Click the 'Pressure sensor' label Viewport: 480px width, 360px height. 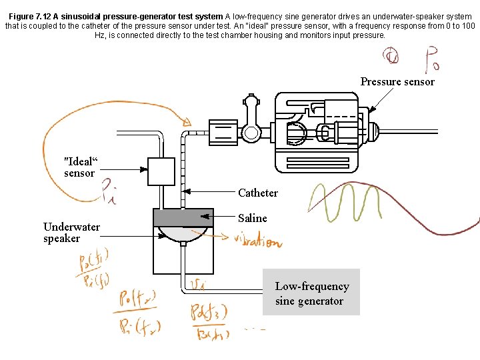click(397, 82)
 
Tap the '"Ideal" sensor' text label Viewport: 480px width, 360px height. click(79, 167)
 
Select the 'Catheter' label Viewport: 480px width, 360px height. click(257, 193)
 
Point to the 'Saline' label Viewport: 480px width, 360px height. click(252, 218)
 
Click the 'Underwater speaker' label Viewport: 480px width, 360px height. click(71, 233)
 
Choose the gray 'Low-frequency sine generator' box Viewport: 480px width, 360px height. click(311, 292)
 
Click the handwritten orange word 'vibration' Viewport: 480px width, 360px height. click(257, 241)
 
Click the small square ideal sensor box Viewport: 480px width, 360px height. click(161, 171)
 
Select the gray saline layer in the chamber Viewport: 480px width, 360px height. click(183, 217)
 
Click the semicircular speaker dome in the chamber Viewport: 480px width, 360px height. click(183, 233)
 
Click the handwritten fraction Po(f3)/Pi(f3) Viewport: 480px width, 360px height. click(209, 322)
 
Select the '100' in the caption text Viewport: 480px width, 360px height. click(468, 25)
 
